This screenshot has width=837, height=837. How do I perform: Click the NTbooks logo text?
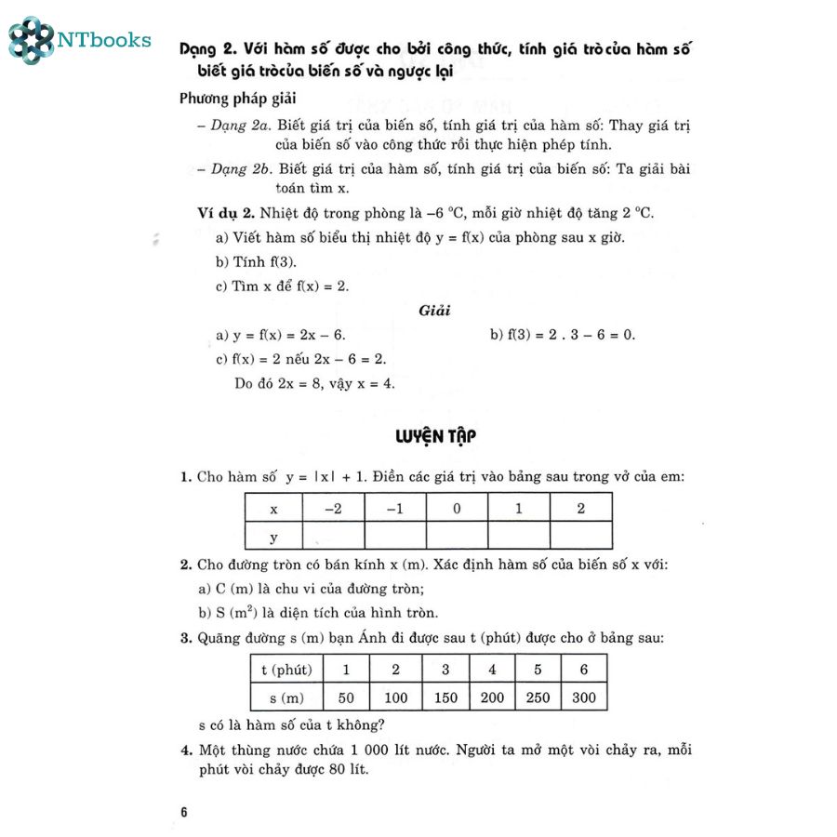coord(103,39)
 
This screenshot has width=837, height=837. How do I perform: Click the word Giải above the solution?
coord(435,311)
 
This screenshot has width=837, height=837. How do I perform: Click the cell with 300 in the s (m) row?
coord(584,697)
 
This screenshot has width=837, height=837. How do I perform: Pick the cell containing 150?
coord(445,697)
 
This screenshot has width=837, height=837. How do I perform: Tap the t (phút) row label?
coord(286,669)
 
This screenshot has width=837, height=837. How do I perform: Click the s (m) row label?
coord(286,697)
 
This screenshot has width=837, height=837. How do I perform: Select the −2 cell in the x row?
coord(333,508)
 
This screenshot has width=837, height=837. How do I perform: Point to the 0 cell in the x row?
coord(457,508)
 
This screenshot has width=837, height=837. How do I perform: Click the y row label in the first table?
coord(273,536)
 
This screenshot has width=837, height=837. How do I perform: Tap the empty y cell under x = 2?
coord(580,536)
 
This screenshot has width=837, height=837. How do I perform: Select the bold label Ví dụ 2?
coord(224,213)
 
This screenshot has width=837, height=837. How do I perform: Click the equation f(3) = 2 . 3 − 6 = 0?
coord(562,335)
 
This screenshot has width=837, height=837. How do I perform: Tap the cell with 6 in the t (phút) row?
coord(584,669)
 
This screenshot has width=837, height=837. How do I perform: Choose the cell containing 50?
coord(347,697)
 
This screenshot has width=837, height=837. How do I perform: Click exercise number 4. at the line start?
coord(186,750)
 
